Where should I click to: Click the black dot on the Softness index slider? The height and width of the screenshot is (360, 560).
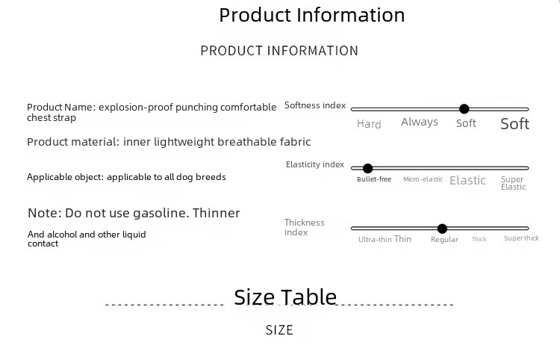point(464,109)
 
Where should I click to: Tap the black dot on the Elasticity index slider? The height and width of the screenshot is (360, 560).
point(367,169)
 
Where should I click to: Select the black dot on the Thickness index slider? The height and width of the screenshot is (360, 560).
point(442,229)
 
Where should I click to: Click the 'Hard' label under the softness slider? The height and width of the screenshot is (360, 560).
point(369,125)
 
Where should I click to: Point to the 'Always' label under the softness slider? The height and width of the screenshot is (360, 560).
point(420,122)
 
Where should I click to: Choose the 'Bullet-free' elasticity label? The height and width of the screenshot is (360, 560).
point(374,180)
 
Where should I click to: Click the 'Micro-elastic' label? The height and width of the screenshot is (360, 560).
point(423,180)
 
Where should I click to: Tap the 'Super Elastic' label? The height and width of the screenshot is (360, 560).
point(513,183)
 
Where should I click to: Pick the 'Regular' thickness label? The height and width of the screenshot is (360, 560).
point(444,240)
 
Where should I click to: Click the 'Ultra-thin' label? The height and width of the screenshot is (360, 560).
point(375,240)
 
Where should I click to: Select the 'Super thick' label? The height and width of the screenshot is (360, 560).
point(521,239)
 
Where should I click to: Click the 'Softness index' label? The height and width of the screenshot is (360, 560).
point(315,106)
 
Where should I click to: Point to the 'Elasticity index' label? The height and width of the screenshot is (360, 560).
point(315,165)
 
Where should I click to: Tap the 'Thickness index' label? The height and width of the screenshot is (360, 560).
point(304,227)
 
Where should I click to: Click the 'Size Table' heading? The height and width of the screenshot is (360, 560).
point(285,297)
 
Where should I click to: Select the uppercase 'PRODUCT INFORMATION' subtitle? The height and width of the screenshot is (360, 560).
point(279,51)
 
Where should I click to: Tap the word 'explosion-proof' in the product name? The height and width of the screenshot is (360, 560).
point(134,108)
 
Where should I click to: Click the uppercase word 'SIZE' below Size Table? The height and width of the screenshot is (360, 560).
point(279,330)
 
